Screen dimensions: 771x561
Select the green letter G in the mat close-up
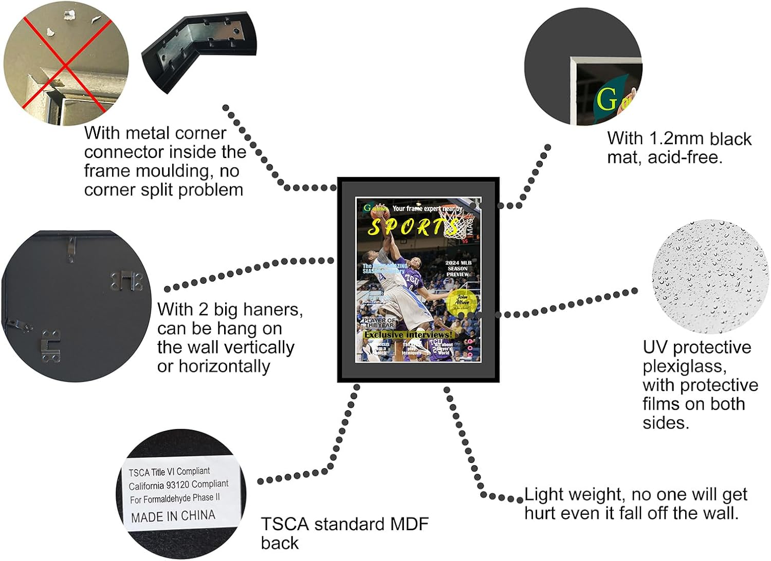pyautogui.click(x=607, y=99)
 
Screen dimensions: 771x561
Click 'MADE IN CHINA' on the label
pyautogui.click(x=173, y=516)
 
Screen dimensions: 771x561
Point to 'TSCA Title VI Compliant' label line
pyautogui.click(x=169, y=471)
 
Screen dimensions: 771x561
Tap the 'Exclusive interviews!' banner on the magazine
pyautogui.click(x=408, y=335)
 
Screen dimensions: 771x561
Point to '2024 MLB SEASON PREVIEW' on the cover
pyautogui.click(x=458, y=268)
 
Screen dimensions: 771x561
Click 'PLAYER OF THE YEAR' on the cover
pyautogui.click(x=379, y=322)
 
